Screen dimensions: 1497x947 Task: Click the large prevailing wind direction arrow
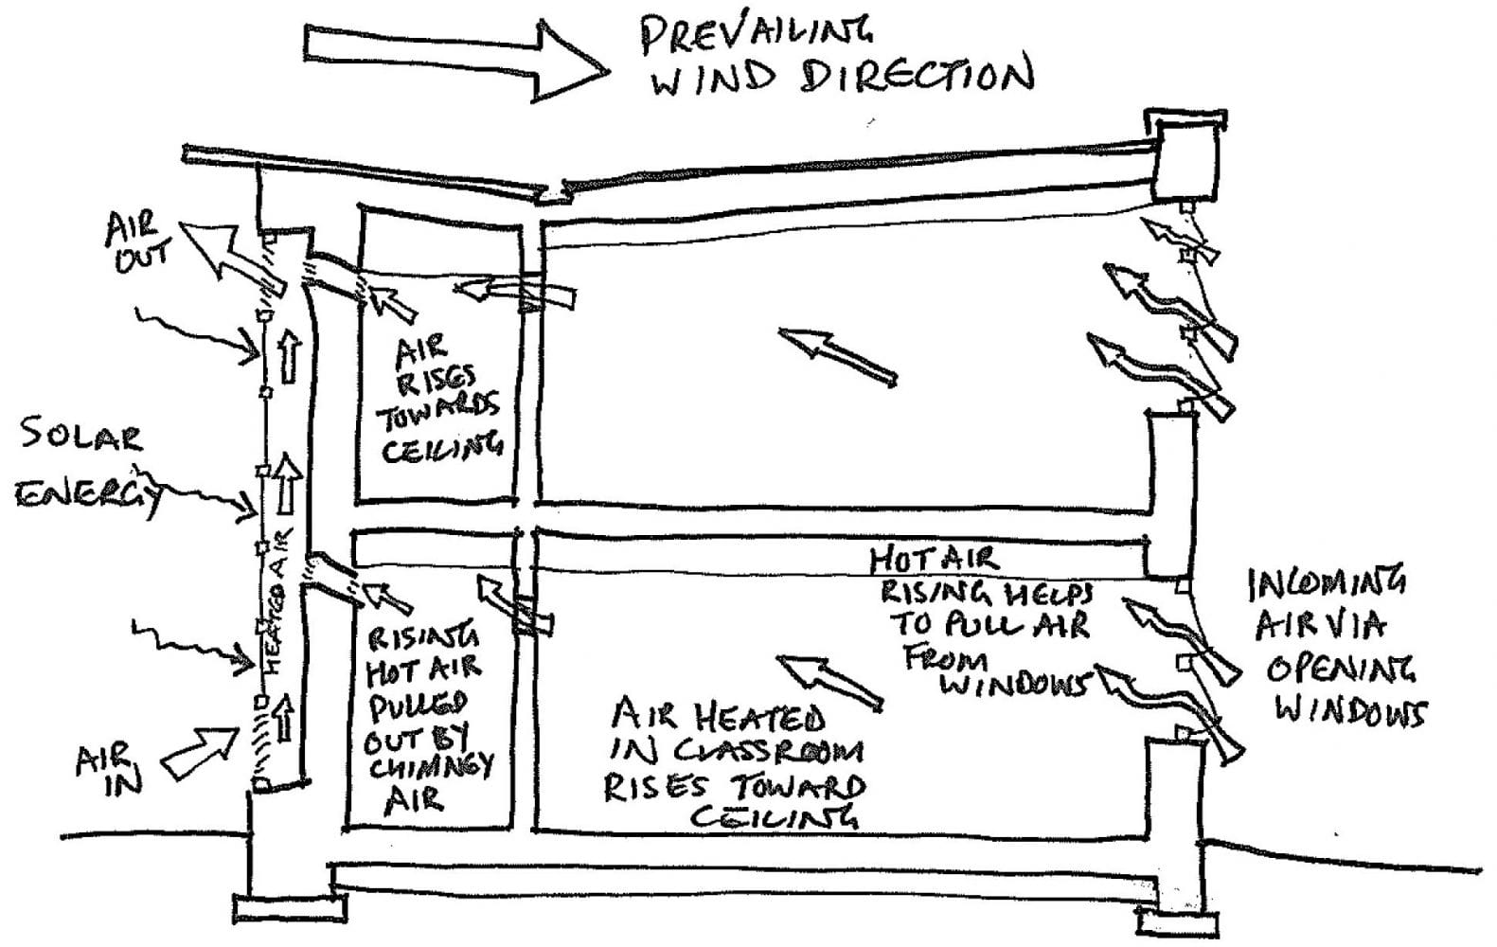(x=454, y=59)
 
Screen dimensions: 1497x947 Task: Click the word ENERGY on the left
(x=88, y=495)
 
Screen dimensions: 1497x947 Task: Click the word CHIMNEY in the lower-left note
(x=431, y=767)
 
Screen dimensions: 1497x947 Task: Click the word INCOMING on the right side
(x=1327, y=582)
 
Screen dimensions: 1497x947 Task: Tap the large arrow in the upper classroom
(x=837, y=357)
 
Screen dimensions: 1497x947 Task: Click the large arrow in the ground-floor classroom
(x=829, y=683)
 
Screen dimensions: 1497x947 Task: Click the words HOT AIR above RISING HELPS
(x=934, y=560)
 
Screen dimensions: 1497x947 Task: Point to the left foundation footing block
(x=290, y=909)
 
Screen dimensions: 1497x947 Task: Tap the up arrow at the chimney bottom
(x=285, y=717)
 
